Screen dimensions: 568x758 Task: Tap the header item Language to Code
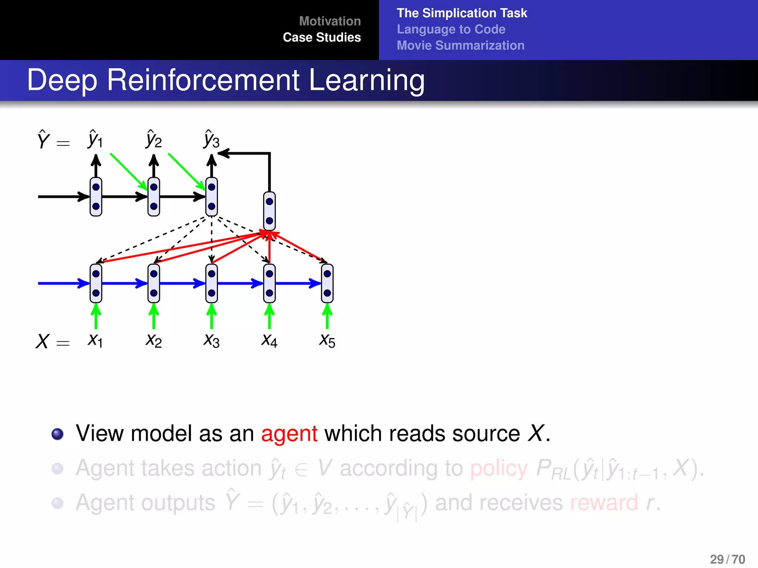(x=451, y=29)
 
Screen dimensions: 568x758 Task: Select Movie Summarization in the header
(x=460, y=45)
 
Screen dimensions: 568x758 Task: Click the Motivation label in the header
(x=329, y=21)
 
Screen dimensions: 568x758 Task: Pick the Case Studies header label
(x=322, y=37)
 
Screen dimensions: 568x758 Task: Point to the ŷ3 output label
(x=211, y=139)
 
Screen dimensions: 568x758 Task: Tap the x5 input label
(x=327, y=341)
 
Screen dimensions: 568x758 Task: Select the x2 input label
(x=154, y=341)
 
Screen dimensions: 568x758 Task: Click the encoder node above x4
(x=269, y=283)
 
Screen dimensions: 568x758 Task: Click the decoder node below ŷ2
(x=154, y=197)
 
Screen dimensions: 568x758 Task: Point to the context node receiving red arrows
(x=269, y=211)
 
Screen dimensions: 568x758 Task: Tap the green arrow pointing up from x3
(x=211, y=316)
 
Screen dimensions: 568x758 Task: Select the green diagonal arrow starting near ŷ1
(x=128, y=171)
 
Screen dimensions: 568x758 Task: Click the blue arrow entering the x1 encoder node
(x=63, y=283)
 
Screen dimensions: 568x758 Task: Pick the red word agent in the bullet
(x=289, y=433)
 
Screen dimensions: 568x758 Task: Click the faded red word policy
(x=499, y=468)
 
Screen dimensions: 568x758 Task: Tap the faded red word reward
(x=604, y=503)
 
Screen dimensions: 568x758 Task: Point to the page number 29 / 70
(x=727, y=559)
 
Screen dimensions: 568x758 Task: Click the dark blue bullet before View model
(x=57, y=434)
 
